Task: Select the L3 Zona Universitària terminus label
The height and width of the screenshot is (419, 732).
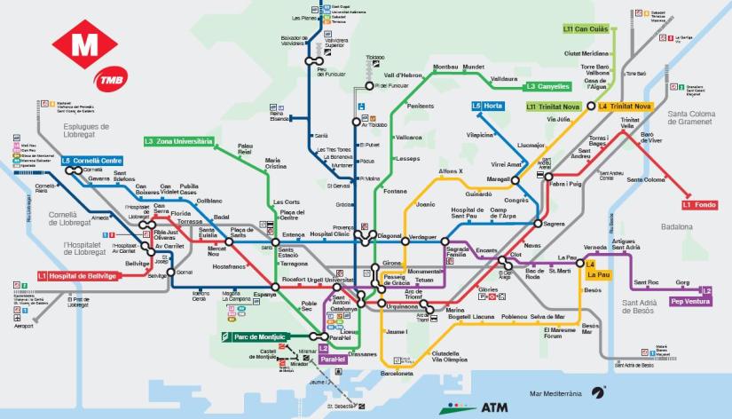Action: point(179,141)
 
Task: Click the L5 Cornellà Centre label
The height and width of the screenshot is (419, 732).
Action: point(91,161)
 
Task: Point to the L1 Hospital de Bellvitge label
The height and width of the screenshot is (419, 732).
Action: point(77,276)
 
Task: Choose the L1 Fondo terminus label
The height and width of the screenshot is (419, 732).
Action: point(699,204)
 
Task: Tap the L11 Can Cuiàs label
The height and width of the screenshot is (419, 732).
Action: point(586,28)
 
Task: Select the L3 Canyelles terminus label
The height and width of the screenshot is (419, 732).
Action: point(547,87)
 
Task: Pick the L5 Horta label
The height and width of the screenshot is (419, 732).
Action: point(487,107)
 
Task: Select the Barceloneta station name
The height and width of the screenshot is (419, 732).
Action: point(397,374)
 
